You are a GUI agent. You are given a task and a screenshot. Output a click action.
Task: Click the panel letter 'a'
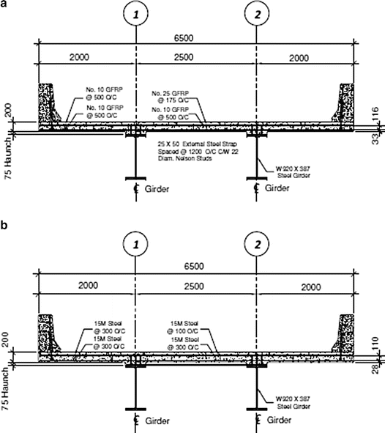coord(6,6)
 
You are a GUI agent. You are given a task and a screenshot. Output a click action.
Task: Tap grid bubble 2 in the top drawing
coord(257,12)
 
